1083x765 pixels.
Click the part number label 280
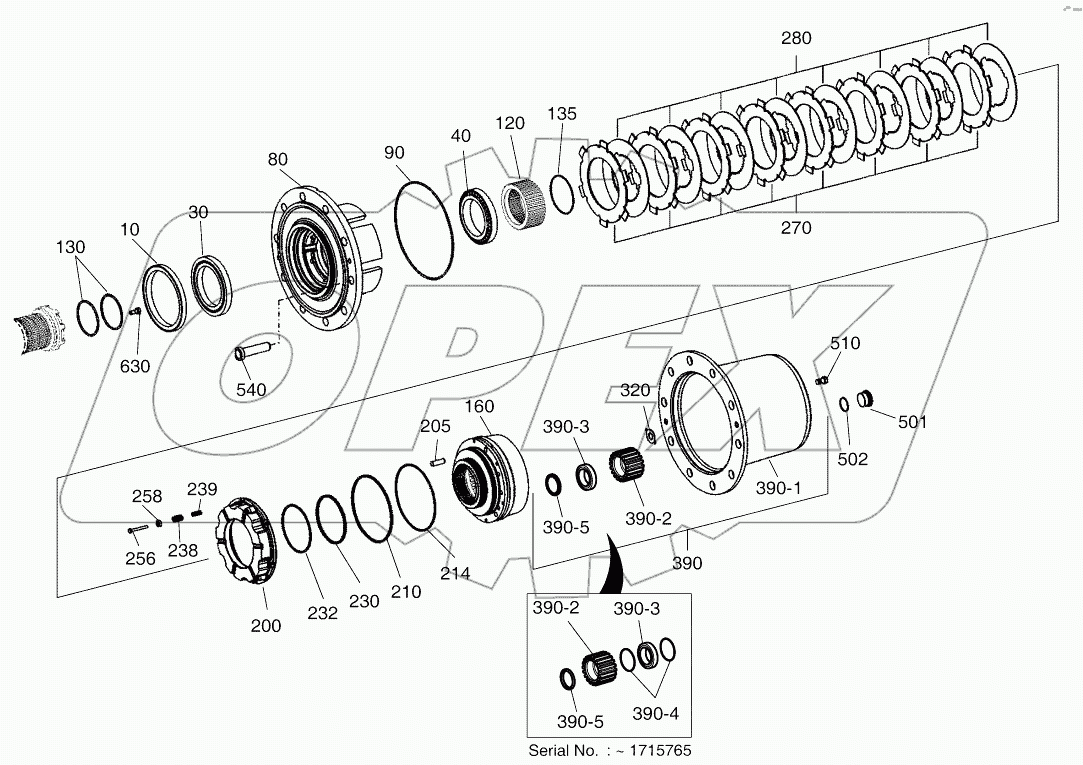point(796,39)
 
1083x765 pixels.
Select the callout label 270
point(796,228)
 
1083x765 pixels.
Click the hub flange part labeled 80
point(315,258)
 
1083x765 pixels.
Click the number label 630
point(135,366)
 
